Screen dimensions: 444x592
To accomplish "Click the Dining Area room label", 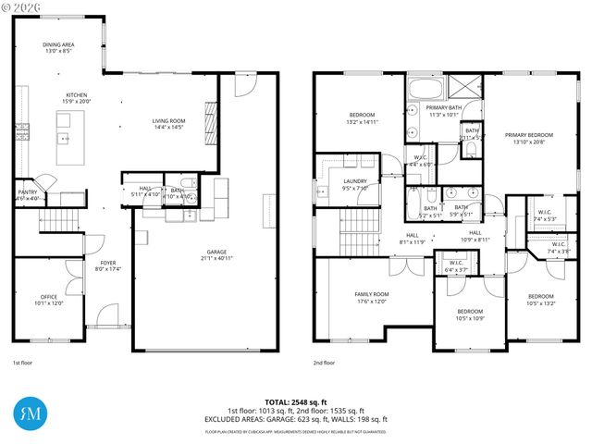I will (58, 47).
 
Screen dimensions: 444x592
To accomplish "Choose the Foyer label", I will (109, 266).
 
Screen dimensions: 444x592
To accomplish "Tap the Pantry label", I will (27, 195).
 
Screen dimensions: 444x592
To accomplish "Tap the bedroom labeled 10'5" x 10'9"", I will (470, 314).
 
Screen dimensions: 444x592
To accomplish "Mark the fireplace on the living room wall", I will (209, 118).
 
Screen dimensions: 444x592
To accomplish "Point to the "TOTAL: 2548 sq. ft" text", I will (296, 402).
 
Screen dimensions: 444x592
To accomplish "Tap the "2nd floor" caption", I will (325, 364).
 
